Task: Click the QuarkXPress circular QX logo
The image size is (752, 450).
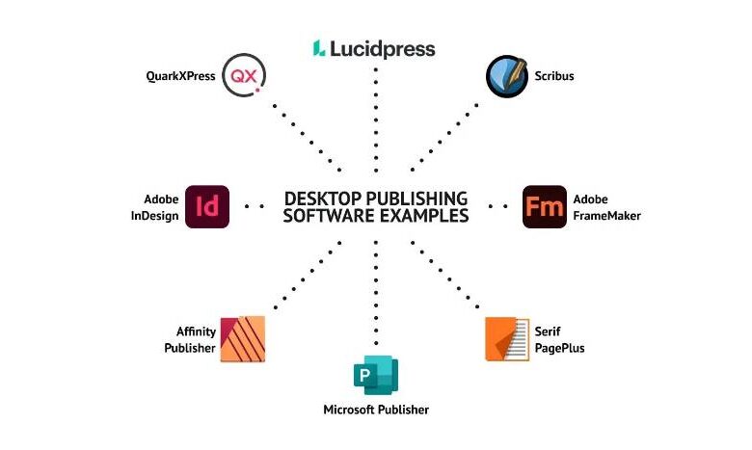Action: coord(243,75)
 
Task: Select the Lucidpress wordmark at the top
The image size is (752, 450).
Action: coord(384,48)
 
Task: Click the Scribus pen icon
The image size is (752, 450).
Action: coord(506,75)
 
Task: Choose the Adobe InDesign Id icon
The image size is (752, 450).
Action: coord(206,206)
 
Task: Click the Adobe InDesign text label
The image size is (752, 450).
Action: coord(154,207)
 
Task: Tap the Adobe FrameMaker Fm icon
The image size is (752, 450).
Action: coord(544,206)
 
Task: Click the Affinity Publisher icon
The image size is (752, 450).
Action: coord(243,339)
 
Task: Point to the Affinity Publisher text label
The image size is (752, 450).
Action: coord(190,339)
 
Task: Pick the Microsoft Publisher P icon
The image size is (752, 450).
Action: coord(375,375)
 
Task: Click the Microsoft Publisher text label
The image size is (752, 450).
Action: coord(376,410)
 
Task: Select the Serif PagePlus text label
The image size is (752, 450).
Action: coord(560,339)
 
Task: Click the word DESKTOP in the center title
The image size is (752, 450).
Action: coord(319,198)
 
